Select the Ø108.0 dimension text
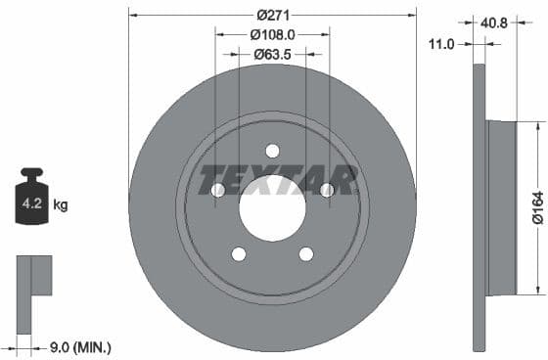coord(272,34)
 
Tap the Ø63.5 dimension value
coord(272,54)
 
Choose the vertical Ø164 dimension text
coord(537,208)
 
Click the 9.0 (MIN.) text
coord(80,346)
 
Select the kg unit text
coord(61,205)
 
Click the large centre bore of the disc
coord(272,208)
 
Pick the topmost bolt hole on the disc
coord(272,151)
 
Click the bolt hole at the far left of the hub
coord(217,190)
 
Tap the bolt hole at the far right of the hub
coord(327,190)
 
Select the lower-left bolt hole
coord(239,254)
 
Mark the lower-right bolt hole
coord(305,254)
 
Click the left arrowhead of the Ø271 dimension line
coord(132,15)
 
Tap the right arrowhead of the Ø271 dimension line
coord(412,15)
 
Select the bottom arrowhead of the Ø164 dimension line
coord(537,290)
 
